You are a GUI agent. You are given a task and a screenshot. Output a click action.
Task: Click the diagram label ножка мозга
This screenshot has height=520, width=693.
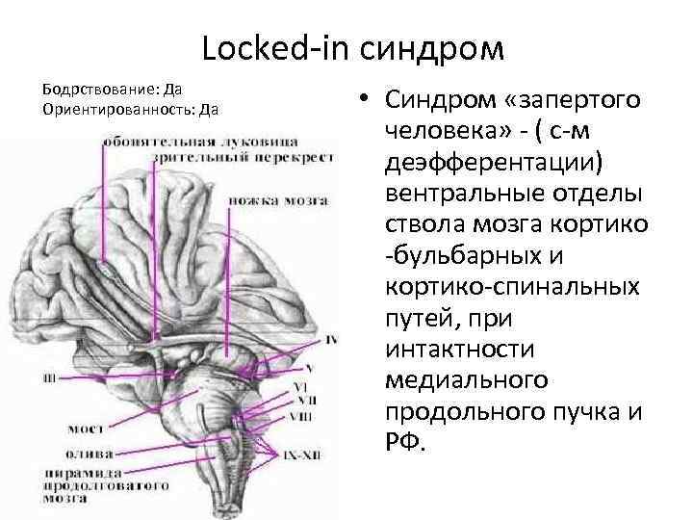[278, 201]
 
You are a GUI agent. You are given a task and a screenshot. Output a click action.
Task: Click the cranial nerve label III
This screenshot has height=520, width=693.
[49, 377]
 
